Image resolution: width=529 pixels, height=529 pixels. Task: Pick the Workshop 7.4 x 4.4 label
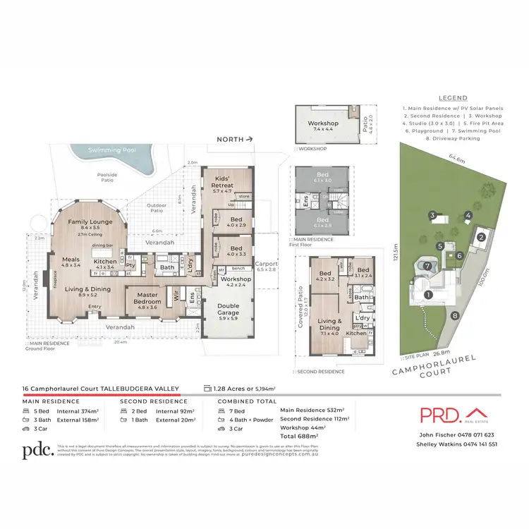tap(323, 126)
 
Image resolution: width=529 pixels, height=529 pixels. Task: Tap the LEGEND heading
tap(453, 99)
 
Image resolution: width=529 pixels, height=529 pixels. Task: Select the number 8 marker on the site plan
tap(455, 315)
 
